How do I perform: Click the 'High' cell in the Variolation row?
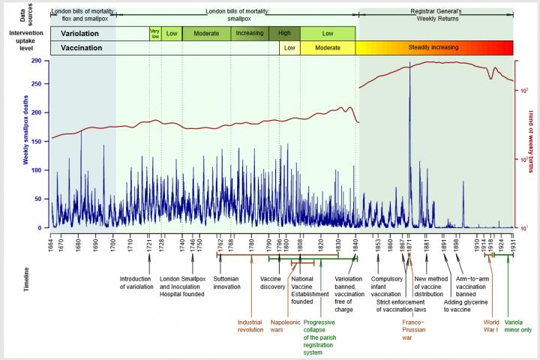pos(284,34)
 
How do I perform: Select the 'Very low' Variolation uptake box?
pos(154,34)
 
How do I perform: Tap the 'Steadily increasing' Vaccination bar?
pos(434,48)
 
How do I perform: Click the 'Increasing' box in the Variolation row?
pos(249,34)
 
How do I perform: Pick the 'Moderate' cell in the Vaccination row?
pos(328,48)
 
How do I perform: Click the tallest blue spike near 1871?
pos(409,75)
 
